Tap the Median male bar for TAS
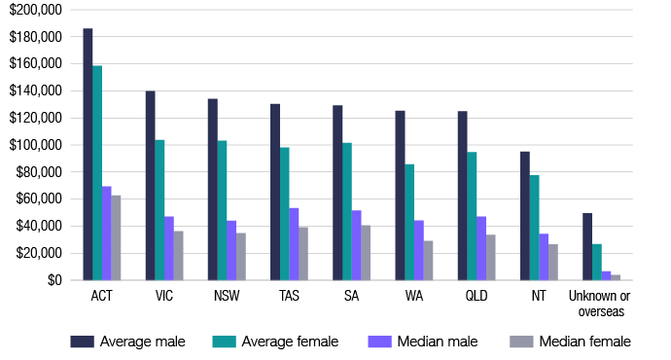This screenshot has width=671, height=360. tap(294, 244)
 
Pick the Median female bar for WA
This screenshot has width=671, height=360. tap(428, 261)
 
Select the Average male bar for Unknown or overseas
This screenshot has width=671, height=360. tap(587, 247)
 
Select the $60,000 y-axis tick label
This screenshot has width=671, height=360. tap(38, 199)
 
